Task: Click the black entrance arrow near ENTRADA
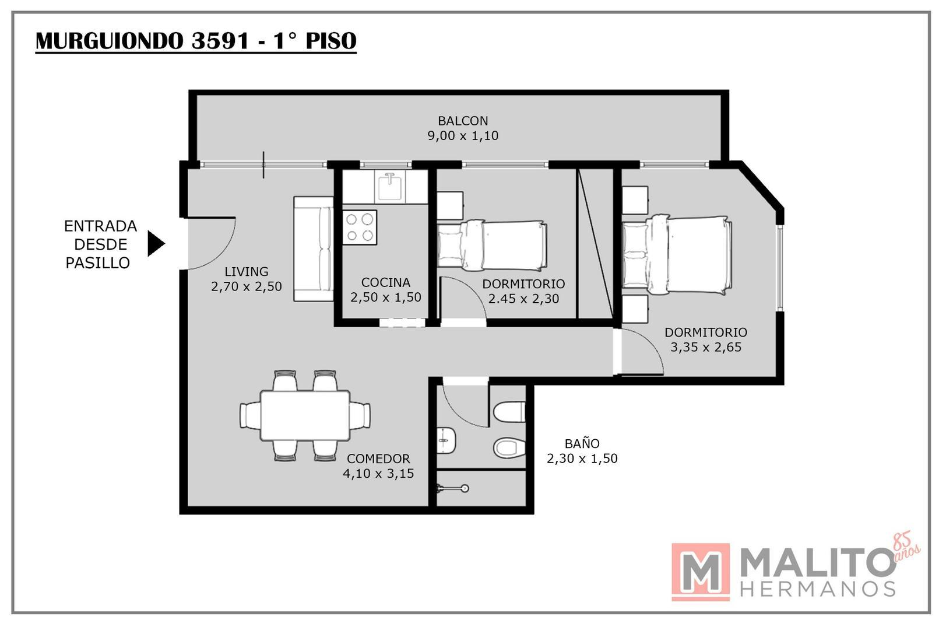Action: pos(156,243)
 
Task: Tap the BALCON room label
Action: pos(463,121)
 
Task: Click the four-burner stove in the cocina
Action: pos(360,228)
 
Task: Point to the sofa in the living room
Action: pos(314,249)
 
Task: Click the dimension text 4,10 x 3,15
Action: pos(378,474)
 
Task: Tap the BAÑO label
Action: pos(582,444)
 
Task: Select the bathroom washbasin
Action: pos(445,440)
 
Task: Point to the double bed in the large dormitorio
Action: pos(677,256)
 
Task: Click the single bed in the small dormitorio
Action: pos(493,245)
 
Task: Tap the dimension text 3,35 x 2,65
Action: pos(706,347)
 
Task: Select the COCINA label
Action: pos(386,282)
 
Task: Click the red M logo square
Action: pos(701,572)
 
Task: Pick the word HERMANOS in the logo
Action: pos(818,589)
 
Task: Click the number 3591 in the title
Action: pos(220,41)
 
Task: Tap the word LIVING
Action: pos(246,272)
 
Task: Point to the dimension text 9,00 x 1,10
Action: pos(463,136)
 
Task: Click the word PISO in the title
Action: pos(331,41)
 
